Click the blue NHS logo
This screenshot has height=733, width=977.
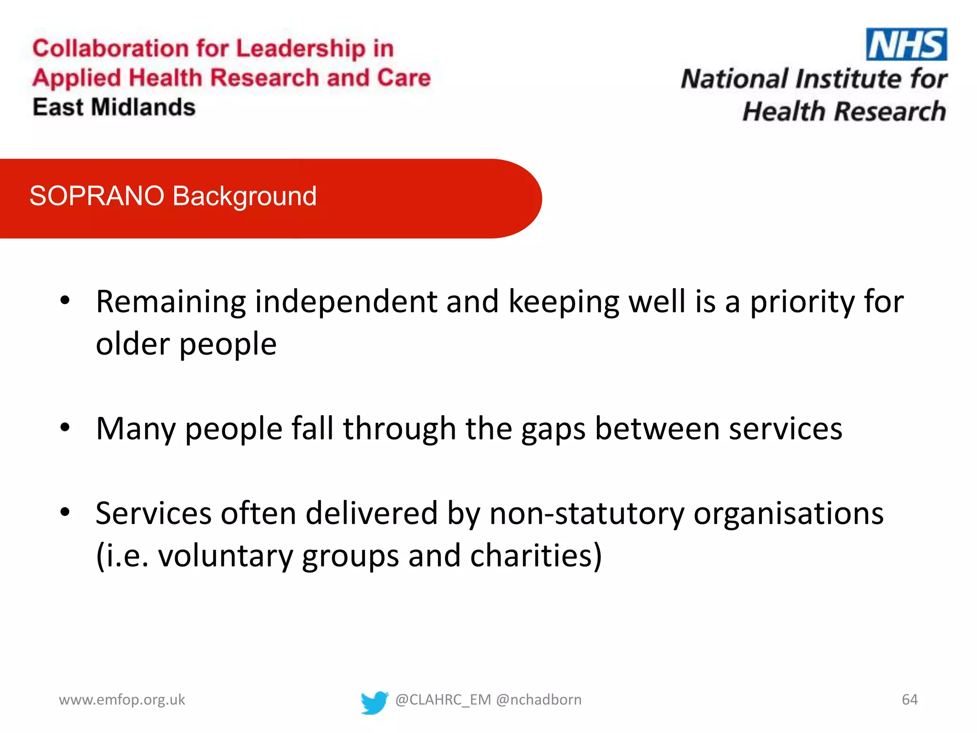(x=906, y=44)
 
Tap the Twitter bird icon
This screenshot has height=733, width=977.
(x=374, y=702)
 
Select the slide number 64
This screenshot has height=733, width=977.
(x=909, y=700)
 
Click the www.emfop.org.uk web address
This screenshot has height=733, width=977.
(x=122, y=700)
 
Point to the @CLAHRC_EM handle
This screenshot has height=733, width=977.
(x=443, y=700)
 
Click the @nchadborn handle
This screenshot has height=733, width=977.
(x=539, y=700)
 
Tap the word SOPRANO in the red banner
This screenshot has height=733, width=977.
(x=97, y=196)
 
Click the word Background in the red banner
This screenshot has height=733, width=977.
(x=245, y=196)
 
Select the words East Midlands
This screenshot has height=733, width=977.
(x=114, y=107)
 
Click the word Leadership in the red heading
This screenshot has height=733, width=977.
(x=301, y=49)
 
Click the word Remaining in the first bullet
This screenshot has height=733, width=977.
(x=171, y=302)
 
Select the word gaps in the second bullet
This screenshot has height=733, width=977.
(x=553, y=429)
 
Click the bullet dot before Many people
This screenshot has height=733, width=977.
(x=65, y=428)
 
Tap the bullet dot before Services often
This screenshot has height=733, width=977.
(x=65, y=513)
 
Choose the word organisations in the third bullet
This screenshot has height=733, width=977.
(x=788, y=514)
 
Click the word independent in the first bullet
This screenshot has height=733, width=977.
(x=346, y=302)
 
